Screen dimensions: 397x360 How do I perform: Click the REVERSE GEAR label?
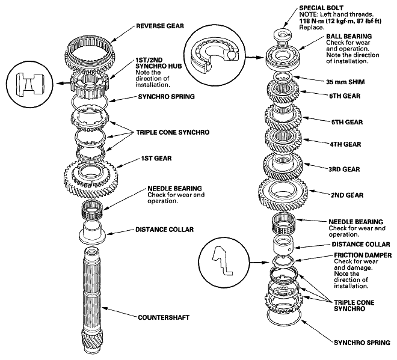[x=160, y=26]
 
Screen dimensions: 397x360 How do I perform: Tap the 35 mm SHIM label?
[x=345, y=82]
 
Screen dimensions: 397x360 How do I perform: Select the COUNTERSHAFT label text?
[x=164, y=317]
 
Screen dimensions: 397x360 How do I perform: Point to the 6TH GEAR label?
[x=345, y=96]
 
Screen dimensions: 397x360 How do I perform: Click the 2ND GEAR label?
[x=347, y=195]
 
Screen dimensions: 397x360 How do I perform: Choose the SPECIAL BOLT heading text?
[x=321, y=8]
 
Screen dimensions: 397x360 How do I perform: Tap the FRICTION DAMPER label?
[x=363, y=255]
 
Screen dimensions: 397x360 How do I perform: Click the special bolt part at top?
[x=283, y=37]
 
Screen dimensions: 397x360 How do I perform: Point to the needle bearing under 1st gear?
[x=92, y=210]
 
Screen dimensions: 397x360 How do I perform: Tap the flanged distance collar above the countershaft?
[x=92, y=233]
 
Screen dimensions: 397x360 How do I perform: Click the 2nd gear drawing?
[x=283, y=194]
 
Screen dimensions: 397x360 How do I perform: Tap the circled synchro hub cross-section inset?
[x=29, y=84]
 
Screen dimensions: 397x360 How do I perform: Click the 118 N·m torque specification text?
[x=340, y=21]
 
